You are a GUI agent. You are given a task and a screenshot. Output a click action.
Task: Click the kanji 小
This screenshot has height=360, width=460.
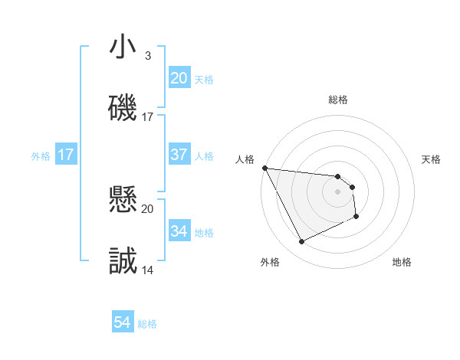123,47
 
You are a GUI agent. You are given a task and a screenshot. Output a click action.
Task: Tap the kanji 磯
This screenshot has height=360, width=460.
123,108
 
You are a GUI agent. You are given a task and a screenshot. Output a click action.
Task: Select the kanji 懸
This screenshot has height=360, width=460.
123,201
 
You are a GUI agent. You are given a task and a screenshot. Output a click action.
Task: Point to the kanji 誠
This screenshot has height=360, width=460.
123,261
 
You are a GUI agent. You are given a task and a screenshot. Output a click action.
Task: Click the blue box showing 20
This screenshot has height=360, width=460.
179,78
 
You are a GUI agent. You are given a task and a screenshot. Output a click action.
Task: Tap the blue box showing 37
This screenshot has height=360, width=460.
179,155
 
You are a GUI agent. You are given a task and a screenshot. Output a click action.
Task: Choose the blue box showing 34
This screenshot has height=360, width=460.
179,231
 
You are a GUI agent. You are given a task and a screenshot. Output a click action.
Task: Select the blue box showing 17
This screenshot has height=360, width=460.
66,155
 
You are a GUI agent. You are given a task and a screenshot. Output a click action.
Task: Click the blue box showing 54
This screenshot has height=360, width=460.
123,322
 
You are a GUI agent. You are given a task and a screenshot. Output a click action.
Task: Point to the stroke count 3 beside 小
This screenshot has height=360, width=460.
148,56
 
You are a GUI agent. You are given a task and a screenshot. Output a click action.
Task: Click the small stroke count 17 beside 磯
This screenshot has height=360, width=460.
148,117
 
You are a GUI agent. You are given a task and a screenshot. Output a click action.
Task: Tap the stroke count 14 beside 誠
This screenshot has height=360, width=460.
148,270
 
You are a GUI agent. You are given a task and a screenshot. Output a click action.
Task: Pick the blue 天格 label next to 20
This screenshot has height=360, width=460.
204,80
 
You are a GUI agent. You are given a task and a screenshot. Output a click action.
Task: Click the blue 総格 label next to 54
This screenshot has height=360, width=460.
147,324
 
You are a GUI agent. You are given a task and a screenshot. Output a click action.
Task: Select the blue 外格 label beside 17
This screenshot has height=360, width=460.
41,156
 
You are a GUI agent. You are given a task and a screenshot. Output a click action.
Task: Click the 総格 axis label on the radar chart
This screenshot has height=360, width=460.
337,100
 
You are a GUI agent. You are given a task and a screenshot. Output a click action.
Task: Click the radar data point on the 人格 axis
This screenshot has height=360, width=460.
264,168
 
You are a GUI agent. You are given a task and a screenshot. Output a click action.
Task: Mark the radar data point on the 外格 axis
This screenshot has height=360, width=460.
301,242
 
